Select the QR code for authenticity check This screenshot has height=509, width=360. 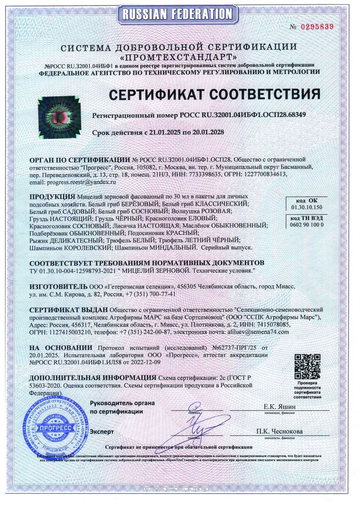(x=307, y=367)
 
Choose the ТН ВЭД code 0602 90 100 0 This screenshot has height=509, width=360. (x=307, y=224)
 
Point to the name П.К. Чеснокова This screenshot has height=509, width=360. (x=279, y=431)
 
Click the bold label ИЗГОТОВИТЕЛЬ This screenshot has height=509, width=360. (x=58, y=287)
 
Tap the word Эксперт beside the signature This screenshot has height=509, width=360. (x=102, y=431)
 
